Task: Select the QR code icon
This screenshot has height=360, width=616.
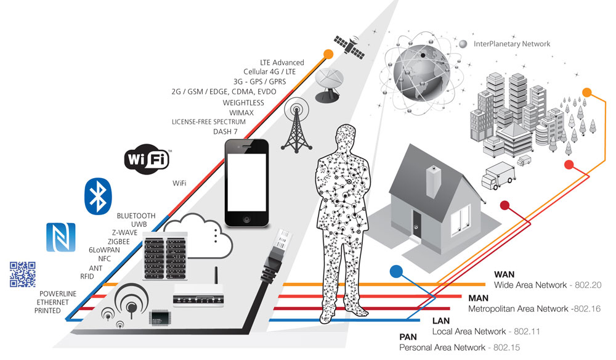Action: click(x=22, y=274)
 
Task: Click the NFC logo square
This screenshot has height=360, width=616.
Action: click(x=60, y=237)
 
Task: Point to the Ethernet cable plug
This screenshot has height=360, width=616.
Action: click(x=280, y=247)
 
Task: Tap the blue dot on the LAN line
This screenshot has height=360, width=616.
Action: click(x=396, y=271)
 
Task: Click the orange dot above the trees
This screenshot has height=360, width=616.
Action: click(x=587, y=93)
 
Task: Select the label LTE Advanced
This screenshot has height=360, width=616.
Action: click(x=282, y=62)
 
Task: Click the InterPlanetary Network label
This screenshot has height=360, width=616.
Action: click(x=512, y=44)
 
